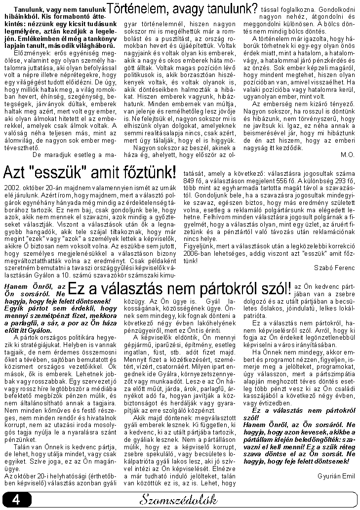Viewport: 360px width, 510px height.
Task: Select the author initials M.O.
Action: pyautogui.click(x=348, y=155)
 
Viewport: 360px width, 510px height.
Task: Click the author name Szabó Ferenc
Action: pyautogui.click(x=334, y=267)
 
